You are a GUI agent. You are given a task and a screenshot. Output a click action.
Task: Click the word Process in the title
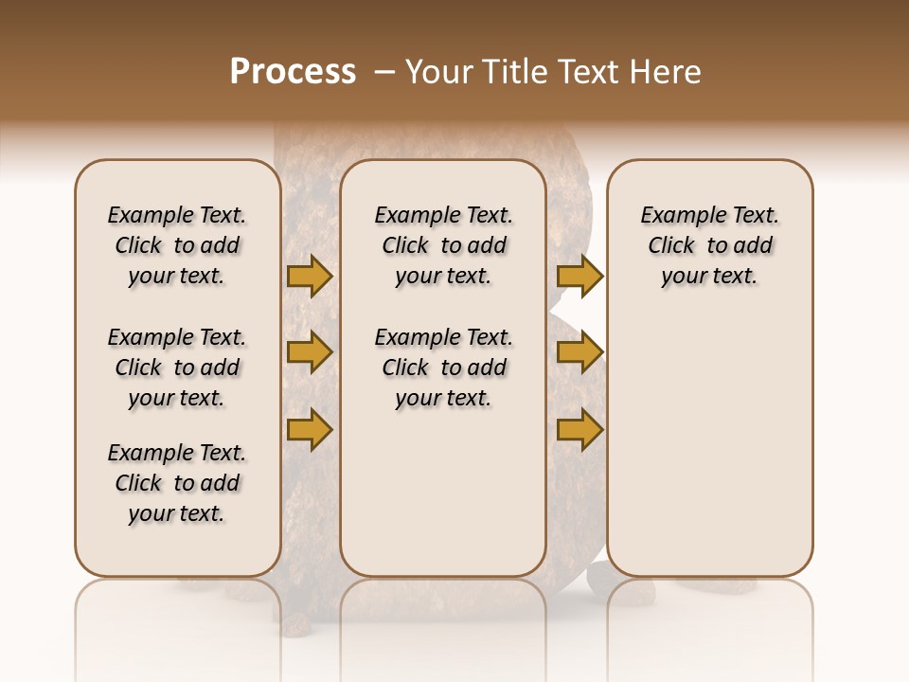[293, 72]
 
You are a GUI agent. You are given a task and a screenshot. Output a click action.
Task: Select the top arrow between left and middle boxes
[310, 276]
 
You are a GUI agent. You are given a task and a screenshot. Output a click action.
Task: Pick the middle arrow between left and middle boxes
[310, 352]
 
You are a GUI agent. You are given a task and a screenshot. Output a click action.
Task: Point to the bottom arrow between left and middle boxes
[310, 429]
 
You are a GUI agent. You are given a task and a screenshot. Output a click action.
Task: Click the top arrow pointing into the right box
[579, 276]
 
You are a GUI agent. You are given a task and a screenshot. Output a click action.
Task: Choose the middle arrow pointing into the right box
[579, 352]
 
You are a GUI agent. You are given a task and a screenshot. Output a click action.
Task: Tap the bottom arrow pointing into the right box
[579, 429]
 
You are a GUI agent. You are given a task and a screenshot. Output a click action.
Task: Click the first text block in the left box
[177, 245]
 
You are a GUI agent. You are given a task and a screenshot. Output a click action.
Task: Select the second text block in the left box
[177, 368]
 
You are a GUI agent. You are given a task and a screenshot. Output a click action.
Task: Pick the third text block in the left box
[177, 483]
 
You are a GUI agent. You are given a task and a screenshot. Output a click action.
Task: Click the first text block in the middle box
[443, 245]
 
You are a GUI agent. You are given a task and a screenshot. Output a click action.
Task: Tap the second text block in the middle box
[443, 368]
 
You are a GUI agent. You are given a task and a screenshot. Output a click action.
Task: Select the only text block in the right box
[709, 245]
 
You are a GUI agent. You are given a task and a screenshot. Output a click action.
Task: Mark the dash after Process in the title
[384, 72]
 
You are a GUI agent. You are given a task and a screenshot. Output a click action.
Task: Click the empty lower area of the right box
[709, 445]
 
